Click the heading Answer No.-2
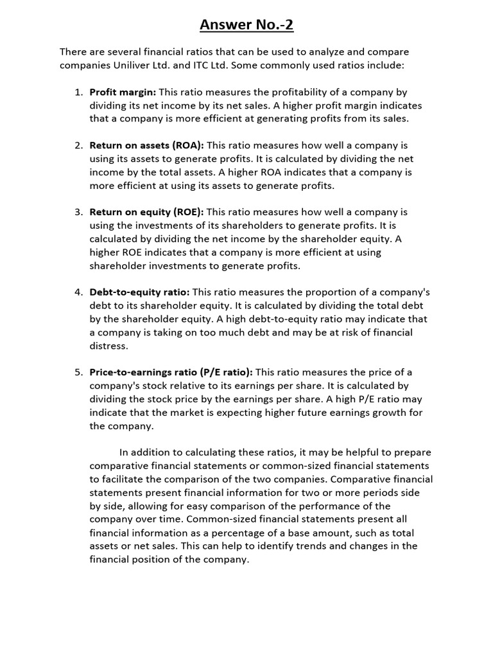click(246, 25)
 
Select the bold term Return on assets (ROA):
click(146, 145)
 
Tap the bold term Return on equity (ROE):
click(146, 211)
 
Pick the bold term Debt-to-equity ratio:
click(139, 292)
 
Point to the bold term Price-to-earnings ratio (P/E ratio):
click(171, 372)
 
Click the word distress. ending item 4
click(109, 346)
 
